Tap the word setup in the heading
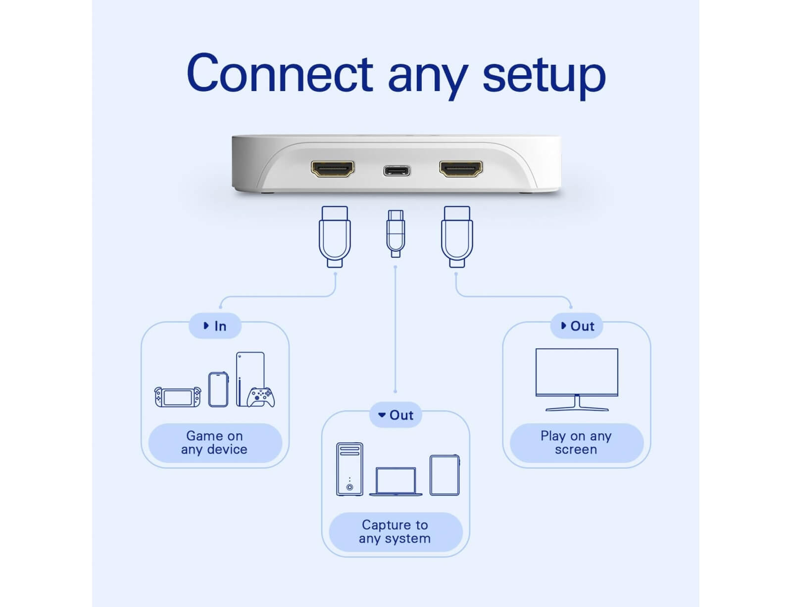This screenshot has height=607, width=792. pos(544,75)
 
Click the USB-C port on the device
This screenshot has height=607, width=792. pos(396,171)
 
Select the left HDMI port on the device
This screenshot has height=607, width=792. pos(333,169)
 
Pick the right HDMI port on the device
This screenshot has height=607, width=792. pos(461,169)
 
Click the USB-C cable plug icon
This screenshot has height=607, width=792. pos(396,233)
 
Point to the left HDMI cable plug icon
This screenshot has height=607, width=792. pos(335,236)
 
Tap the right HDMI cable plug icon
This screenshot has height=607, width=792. pos(457,236)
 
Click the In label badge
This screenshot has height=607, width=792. pos(215,326)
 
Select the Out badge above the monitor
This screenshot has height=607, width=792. pos(577,326)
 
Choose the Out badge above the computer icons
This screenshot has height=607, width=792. pos(396,415)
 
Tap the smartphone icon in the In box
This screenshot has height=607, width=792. pos(218,389)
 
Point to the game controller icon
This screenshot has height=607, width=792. pos(261,397)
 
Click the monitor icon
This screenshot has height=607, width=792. pos(577,379)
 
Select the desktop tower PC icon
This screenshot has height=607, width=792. pos(349,469)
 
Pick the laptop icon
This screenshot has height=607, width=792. pos(396,481)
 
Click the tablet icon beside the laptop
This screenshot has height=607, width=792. pos(445,475)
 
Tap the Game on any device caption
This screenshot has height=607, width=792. pos(215,443)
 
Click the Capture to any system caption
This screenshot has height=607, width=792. pos(396,532)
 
